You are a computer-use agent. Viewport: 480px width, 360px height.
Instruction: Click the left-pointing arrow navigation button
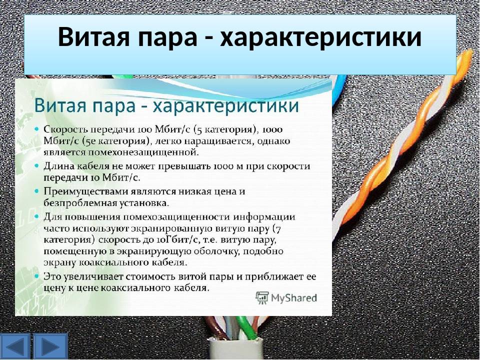[x=16, y=346]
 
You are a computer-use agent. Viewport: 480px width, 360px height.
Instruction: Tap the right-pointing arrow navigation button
[x=50, y=346]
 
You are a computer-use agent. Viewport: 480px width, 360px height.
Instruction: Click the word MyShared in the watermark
[x=294, y=298]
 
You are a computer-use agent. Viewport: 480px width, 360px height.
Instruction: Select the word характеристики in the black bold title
[x=321, y=37]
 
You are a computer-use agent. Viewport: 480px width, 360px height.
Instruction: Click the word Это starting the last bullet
[x=52, y=276]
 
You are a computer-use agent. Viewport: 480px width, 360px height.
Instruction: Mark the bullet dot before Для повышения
[x=37, y=216]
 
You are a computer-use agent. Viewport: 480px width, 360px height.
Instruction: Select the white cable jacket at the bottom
[x=235, y=349]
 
